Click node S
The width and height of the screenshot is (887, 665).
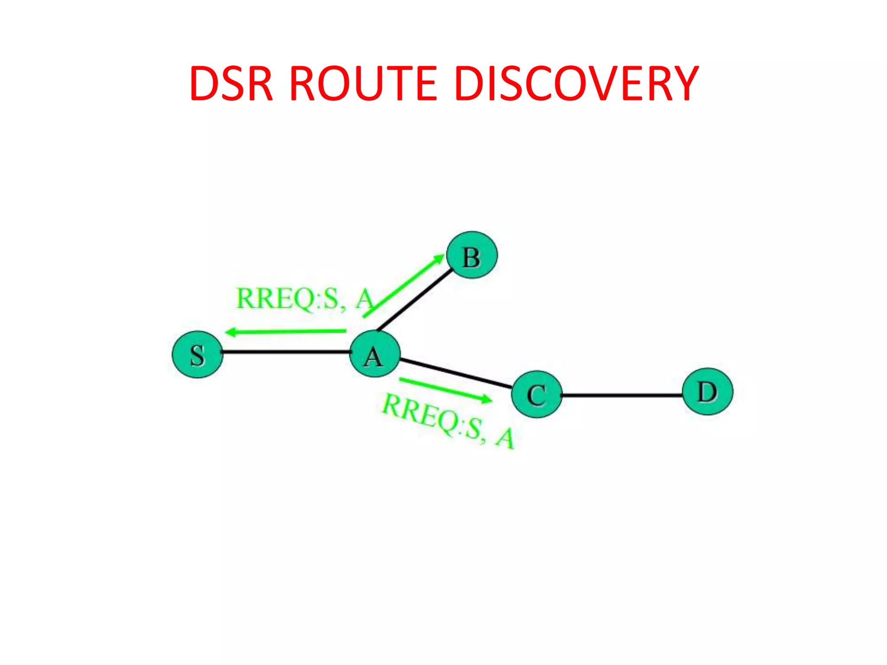click(197, 355)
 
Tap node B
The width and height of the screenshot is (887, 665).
click(472, 255)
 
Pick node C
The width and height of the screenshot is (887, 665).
click(537, 394)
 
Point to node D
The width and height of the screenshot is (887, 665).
click(708, 392)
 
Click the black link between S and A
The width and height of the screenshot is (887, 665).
click(286, 352)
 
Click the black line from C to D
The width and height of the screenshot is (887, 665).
click(622, 395)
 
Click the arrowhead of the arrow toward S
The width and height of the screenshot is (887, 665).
click(231, 332)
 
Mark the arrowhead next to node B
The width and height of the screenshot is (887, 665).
click(439, 259)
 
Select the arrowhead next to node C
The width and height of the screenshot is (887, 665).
click(487, 399)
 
